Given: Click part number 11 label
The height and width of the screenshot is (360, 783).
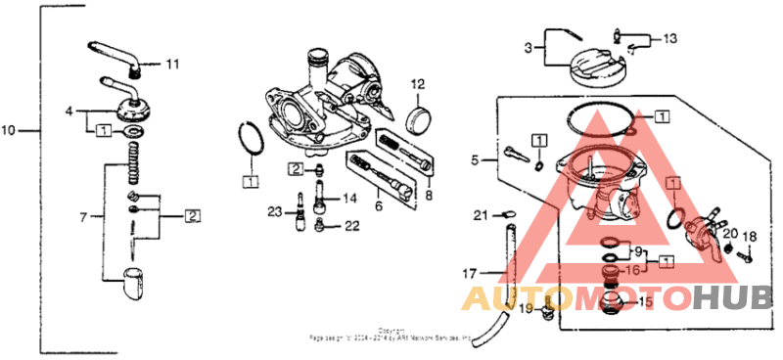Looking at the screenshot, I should pyautogui.click(x=172, y=66).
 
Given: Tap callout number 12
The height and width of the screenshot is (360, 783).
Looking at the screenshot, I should pyautogui.click(x=416, y=83).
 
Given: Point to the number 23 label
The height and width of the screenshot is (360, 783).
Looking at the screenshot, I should pyautogui.click(x=275, y=210).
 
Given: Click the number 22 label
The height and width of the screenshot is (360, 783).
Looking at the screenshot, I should pyautogui.click(x=352, y=227).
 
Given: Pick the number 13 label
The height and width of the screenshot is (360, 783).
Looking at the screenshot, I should pyautogui.click(x=668, y=39).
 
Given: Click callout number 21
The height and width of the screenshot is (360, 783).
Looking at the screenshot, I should pyautogui.click(x=481, y=214).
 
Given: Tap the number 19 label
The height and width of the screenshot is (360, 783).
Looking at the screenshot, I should pyautogui.click(x=525, y=310).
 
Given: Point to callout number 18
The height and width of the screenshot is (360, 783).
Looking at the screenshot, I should pyautogui.click(x=749, y=237).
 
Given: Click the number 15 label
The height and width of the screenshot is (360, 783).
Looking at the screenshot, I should pyautogui.click(x=644, y=302).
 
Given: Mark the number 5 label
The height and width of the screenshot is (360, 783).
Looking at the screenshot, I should pyautogui.click(x=476, y=159).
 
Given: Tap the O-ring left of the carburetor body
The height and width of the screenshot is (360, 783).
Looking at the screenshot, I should pyautogui.click(x=250, y=139).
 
